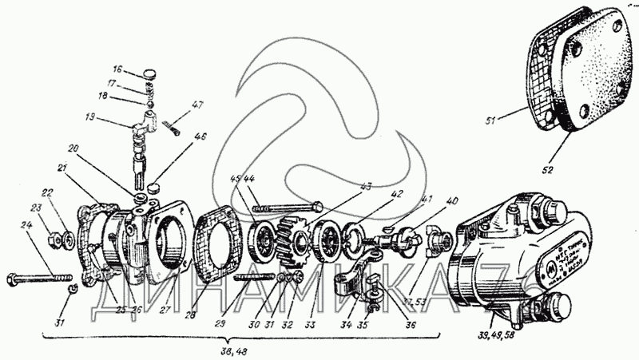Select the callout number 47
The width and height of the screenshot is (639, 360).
pos(197,105)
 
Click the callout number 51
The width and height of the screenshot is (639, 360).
pos(491,121)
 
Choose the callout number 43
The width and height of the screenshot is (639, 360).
pos(366,186)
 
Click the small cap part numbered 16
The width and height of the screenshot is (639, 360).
pos(149,76)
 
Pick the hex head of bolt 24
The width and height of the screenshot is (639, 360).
pos(14,279)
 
